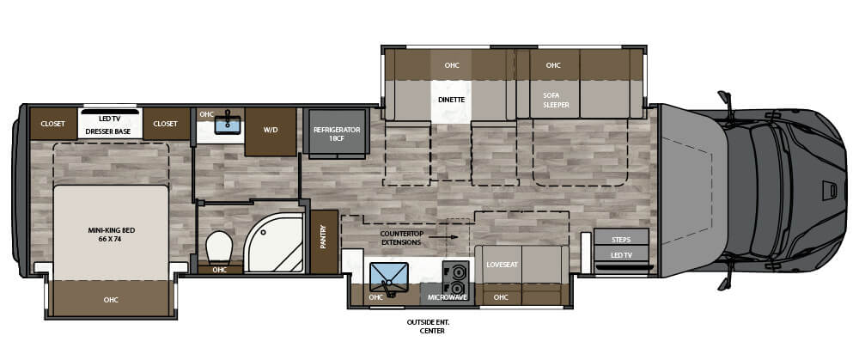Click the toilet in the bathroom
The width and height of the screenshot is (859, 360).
(219, 247)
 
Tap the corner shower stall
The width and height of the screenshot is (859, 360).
(274, 243)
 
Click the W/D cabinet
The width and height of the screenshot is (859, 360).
(270, 131)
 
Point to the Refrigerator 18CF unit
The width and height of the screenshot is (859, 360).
(337, 134)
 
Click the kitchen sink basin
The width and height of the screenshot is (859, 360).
(389, 278)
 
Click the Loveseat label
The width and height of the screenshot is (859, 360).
(502, 264)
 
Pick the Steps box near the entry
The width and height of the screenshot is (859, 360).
(621, 240)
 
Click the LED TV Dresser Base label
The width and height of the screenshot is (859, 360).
(111, 125)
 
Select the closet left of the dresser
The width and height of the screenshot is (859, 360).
(52, 124)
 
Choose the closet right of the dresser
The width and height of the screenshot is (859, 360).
(166, 124)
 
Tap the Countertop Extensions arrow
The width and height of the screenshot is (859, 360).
(442, 237)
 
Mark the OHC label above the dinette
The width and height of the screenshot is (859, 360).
(452, 65)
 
